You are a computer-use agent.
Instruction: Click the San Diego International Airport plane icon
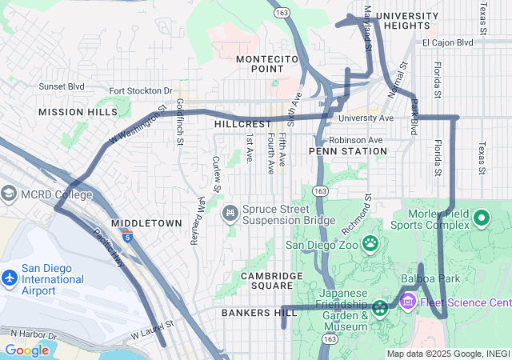(10, 278)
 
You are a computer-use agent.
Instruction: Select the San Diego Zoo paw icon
(371, 242)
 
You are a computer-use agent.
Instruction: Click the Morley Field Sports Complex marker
(482, 217)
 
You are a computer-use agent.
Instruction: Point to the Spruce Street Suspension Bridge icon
(230, 212)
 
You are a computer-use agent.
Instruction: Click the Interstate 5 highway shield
(127, 236)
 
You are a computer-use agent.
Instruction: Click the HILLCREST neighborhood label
(243, 125)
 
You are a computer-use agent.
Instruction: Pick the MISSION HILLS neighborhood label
(77, 112)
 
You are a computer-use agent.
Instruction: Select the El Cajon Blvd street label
(448, 42)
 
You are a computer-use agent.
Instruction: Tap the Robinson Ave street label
(357, 139)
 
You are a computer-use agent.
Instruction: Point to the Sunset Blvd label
(62, 86)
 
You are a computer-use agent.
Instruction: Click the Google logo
(26, 350)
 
